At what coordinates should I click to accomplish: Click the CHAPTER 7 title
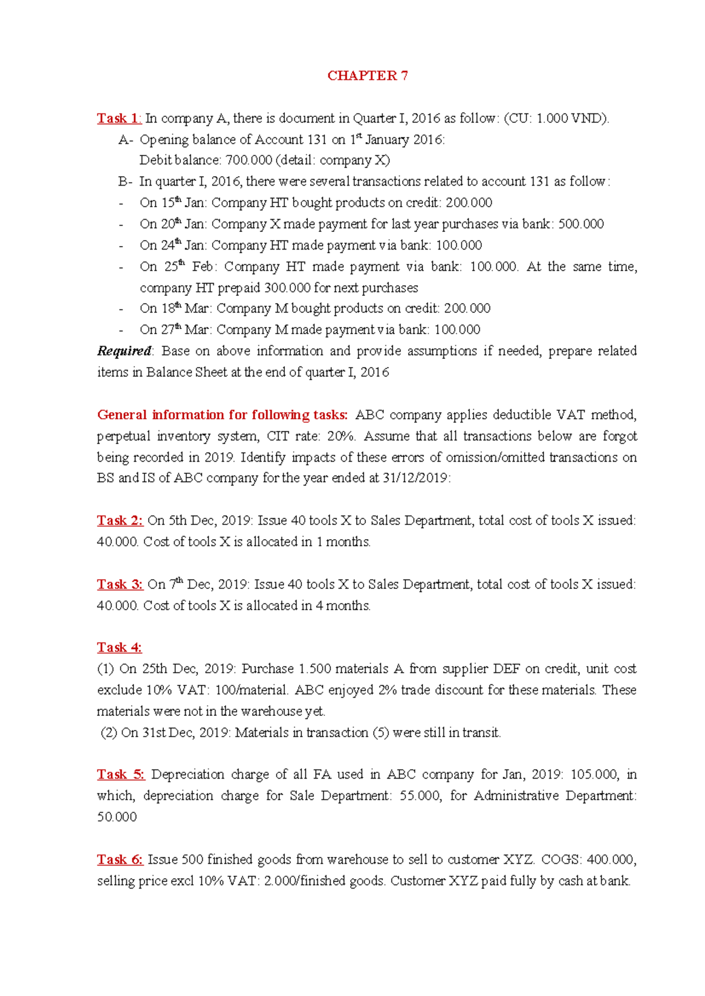tap(367, 76)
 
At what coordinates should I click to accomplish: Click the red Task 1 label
tap(119, 118)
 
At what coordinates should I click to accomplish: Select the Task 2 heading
tap(120, 520)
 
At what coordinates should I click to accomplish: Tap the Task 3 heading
tap(120, 584)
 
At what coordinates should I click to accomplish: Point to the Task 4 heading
tap(119, 648)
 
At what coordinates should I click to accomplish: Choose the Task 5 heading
tap(120, 775)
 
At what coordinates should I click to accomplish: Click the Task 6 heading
tap(120, 860)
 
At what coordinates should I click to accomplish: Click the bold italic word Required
tap(124, 351)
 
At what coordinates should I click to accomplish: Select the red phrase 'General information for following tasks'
tap(223, 415)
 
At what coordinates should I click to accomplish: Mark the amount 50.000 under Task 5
tap(117, 817)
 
